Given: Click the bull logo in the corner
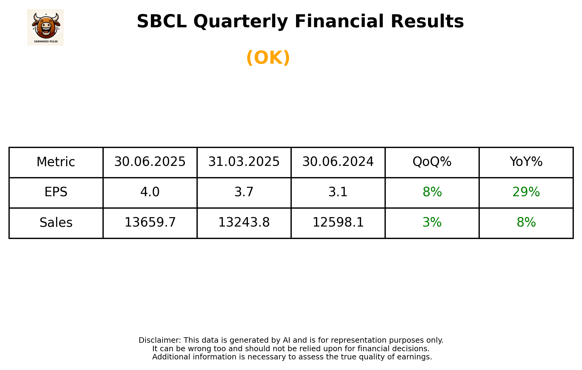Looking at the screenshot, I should [x=45, y=27].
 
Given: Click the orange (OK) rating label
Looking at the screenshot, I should [x=268, y=58].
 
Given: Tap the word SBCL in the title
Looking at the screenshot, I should [x=161, y=22].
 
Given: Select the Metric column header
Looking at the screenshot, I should [x=56, y=162].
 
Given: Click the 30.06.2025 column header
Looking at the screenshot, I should [x=150, y=162].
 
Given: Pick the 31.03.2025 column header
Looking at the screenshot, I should [x=244, y=162].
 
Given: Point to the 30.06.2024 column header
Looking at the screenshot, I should [x=338, y=162].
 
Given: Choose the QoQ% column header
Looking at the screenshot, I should [x=432, y=162].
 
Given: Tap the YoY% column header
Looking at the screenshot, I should [x=526, y=162].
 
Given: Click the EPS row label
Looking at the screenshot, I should [x=56, y=192].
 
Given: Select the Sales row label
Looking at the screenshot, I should [x=56, y=223].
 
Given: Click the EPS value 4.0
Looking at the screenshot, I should [x=150, y=192].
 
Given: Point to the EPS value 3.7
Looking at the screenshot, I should [x=244, y=192].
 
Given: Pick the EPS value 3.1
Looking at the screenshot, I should [x=338, y=192].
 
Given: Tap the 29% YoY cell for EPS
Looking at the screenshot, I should [x=526, y=192].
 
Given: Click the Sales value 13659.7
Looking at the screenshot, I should [x=150, y=223].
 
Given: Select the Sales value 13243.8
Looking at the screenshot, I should [x=244, y=223].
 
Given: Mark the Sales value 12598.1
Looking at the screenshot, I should [x=338, y=223].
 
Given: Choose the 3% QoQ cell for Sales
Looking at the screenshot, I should [x=432, y=223].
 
